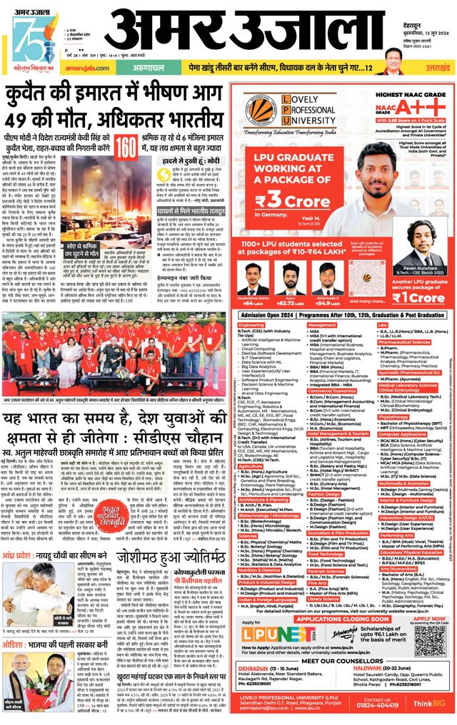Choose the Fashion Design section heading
(x=326, y=472)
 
